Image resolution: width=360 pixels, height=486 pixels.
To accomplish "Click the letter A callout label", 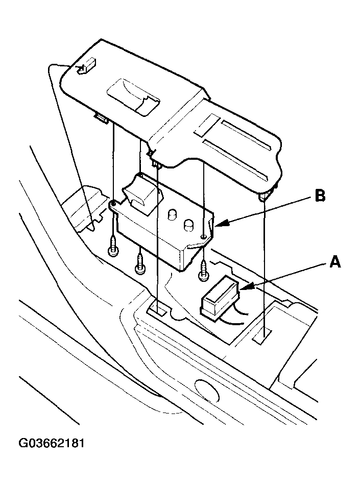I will coord(334,262).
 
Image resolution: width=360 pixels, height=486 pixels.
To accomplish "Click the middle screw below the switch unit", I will coord(139,264).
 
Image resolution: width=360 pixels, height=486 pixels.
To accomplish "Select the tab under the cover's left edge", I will coord(101,118).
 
